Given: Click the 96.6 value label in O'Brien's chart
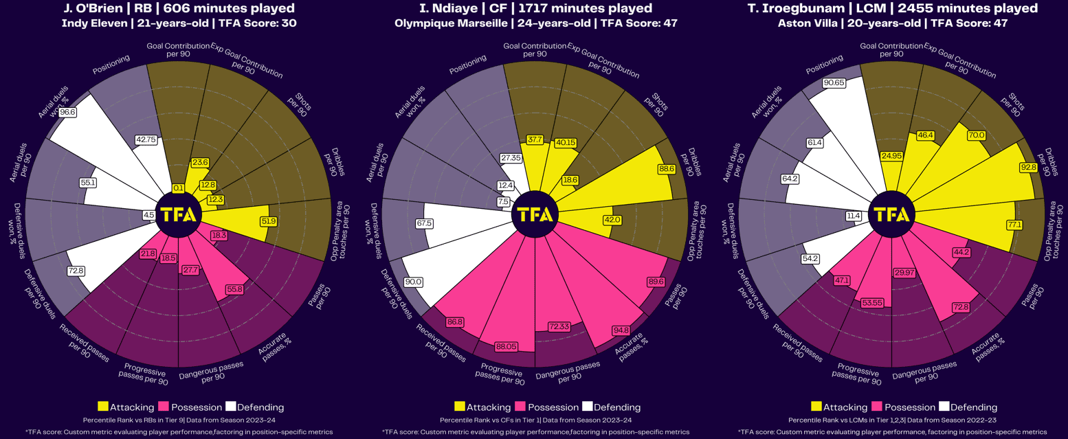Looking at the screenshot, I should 67,112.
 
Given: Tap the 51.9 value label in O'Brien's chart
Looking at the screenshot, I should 269,221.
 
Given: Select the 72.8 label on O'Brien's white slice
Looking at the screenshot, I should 76,271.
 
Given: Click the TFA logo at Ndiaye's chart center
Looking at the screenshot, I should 534,214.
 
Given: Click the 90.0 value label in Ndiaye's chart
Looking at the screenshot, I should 414,282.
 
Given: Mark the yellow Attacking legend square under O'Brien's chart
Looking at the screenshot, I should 103,407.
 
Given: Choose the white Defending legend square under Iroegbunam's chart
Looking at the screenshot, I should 944,407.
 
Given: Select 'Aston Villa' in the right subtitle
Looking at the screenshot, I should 808,23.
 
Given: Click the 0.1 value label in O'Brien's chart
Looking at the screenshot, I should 178,188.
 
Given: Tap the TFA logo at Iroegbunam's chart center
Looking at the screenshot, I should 890,214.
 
